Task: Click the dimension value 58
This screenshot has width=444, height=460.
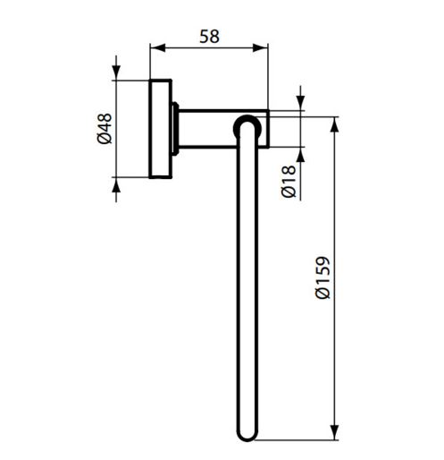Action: [209, 37]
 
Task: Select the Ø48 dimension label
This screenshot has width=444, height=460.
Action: [105, 129]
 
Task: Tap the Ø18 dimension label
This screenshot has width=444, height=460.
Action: [289, 182]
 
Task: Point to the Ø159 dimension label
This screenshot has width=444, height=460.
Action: [323, 277]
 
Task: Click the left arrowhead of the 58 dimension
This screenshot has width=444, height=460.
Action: [157, 47]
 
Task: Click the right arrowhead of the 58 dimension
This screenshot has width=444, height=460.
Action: [260, 47]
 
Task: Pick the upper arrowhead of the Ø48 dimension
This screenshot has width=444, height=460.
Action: [116, 72]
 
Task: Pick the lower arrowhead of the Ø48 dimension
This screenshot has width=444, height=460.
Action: [116, 185]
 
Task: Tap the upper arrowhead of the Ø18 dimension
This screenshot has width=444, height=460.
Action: [300, 103]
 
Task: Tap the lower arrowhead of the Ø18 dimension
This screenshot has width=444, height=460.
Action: [300, 155]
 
